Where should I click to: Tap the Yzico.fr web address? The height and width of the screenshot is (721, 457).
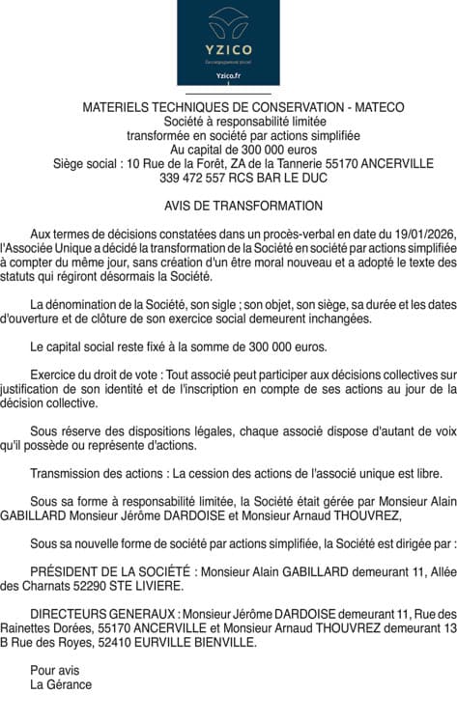tap(228, 76)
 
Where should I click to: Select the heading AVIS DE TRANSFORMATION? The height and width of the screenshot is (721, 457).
tap(229, 206)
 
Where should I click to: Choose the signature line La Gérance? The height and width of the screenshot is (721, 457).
tap(61, 684)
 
